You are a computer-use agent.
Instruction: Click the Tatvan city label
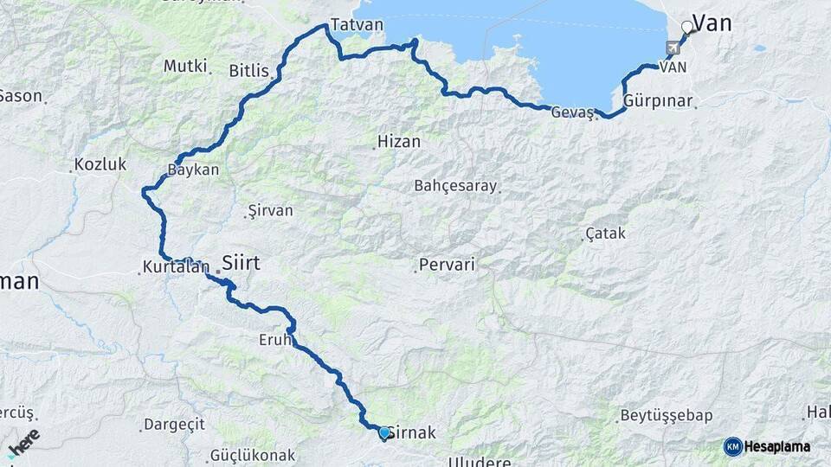(x=356, y=25)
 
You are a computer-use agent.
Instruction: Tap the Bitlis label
(x=249, y=71)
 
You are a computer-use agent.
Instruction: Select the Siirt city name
(x=241, y=262)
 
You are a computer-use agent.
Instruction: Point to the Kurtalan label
(x=177, y=268)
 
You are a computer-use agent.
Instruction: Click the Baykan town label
(x=196, y=170)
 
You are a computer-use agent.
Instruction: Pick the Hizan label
(x=399, y=142)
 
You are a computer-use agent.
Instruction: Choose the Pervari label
(x=447, y=265)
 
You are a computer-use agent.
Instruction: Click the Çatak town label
(x=605, y=233)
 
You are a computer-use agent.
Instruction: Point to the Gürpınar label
(x=658, y=101)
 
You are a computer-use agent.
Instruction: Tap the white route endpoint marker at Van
(x=687, y=27)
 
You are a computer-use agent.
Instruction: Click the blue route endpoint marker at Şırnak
(x=384, y=432)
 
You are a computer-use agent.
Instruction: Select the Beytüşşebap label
(x=660, y=416)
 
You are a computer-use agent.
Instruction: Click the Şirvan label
(x=270, y=210)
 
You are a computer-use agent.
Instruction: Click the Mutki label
(x=185, y=66)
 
